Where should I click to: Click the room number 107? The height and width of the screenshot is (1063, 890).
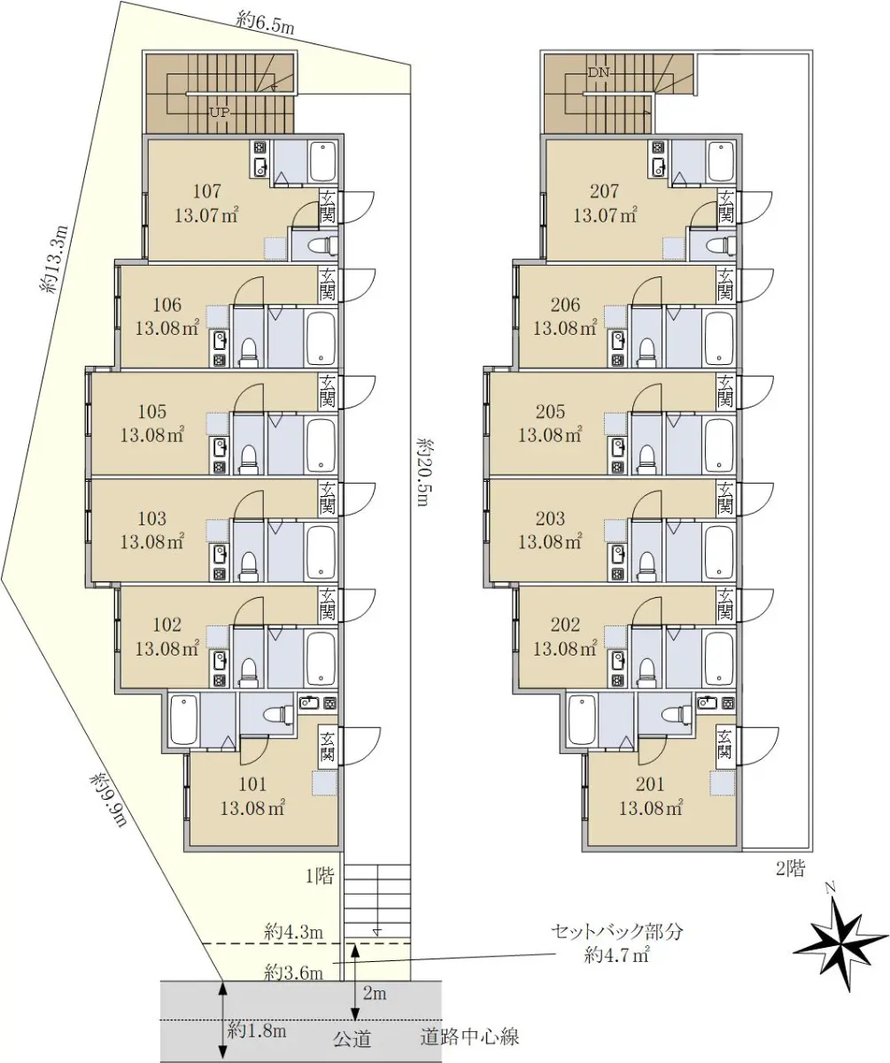pyautogui.click(x=207, y=191)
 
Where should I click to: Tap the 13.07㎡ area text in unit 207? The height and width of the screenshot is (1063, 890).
pyautogui.click(x=605, y=215)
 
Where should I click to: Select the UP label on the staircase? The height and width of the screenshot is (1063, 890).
pyautogui.click(x=220, y=113)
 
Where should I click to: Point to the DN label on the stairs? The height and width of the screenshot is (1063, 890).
pyautogui.click(x=599, y=73)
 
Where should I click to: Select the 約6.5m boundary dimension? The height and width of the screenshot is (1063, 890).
pyautogui.click(x=265, y=24)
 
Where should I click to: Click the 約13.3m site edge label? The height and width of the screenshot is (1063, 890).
pyautogui.click(x=54, y=259)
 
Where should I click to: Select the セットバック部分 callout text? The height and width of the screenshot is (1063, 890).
pyautogui.click(x=616, y=932)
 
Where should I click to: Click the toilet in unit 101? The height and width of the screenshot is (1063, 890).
pyautogui.click(x=275, y=714)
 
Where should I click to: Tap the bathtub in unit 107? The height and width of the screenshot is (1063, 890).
pyautogui.click(x=322, y=161)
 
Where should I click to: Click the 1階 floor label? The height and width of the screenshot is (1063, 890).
pyautogui.click(x=320, y=876)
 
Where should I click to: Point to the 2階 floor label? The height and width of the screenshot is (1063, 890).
pyautogui.click(x=791, y=868)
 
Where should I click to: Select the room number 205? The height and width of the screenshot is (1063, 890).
pyautogui.click(x=550, y=411)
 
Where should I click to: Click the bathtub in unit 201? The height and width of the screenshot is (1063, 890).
pyautogui.click(x=582, y=720)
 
